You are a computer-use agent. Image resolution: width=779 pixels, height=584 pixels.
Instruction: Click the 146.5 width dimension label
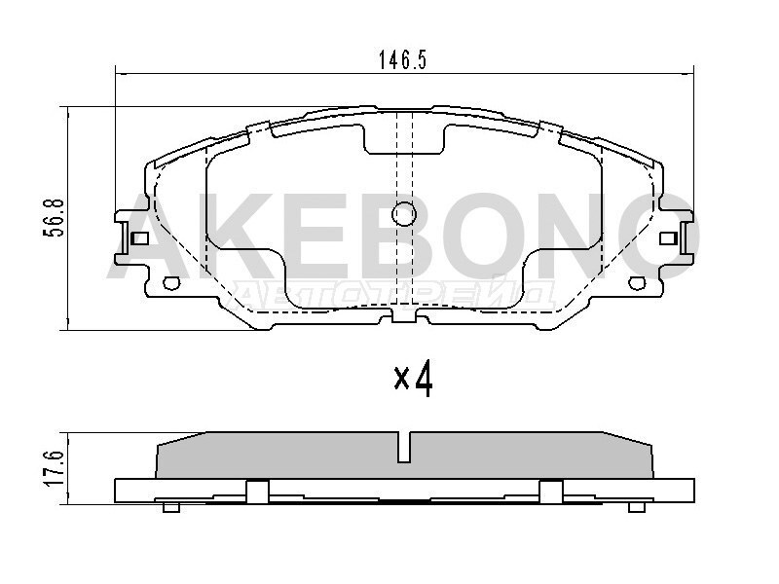point(402,60)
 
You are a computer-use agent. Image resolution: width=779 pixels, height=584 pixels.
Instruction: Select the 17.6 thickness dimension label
point(55,469)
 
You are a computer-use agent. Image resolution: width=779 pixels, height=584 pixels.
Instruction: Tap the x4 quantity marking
point(413,380)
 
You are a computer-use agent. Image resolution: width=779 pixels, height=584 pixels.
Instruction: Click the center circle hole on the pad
point(403,214)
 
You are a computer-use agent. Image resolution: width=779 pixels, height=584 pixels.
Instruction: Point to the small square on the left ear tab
point(140,238)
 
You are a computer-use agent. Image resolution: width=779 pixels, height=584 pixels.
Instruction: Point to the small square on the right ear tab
point(668,238)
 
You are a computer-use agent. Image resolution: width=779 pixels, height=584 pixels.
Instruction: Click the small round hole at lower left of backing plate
point(171,283)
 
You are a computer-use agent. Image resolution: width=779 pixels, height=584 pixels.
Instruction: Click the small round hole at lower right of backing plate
point(637,283)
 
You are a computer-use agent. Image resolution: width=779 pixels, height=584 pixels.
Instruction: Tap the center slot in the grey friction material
point(404,447)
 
